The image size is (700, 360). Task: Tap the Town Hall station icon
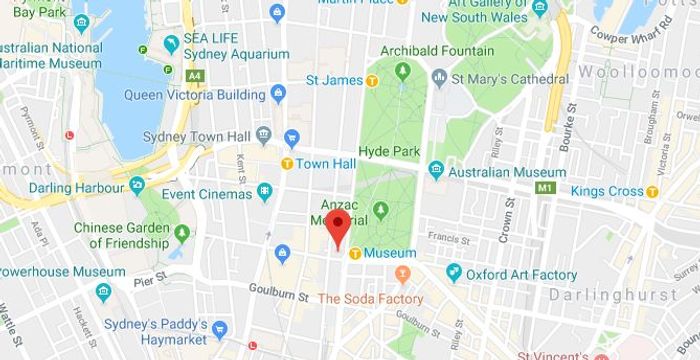click(x=287, y=163)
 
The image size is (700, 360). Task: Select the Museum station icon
click(x=354, y=253)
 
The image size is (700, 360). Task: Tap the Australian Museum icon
click(x=436, y=170)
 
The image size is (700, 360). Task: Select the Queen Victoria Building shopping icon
click(x=278, y=94)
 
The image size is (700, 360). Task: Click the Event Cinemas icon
click(x=264, y=190)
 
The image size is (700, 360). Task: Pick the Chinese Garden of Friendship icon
click(x=181, y=233)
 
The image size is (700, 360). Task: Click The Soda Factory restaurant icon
click(x=404, y=273)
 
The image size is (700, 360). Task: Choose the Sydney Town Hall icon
click(x=264, y=133)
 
